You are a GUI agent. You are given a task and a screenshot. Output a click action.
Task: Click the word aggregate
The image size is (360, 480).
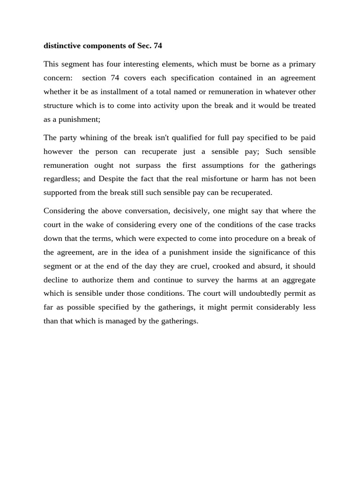point(299,280)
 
